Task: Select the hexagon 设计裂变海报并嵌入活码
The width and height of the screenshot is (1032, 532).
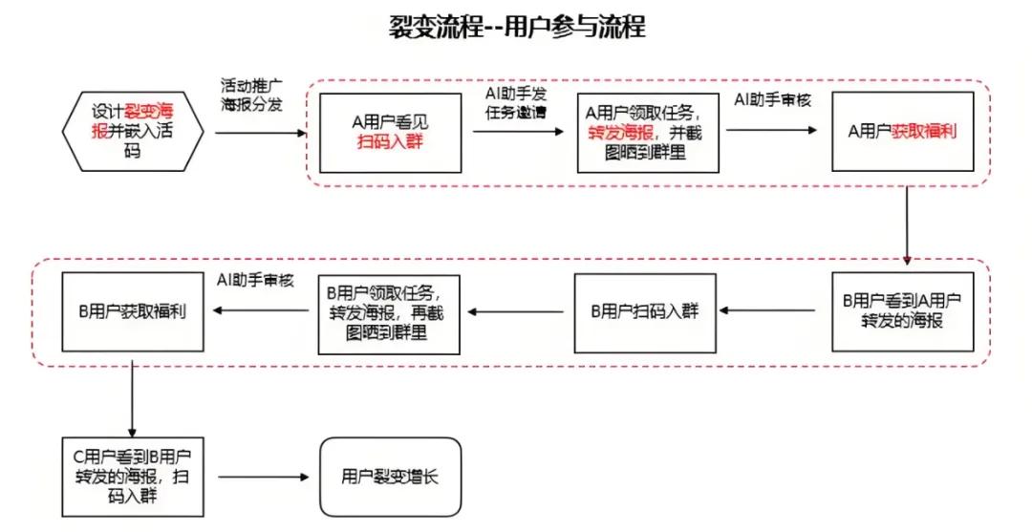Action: pos(132,130)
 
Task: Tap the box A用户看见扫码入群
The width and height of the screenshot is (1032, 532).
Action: pos(389,132)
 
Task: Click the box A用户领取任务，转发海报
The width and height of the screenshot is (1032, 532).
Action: pos(648,132)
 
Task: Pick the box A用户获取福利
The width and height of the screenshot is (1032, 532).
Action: pos(902,132)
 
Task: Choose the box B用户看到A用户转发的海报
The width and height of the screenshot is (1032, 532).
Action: pos(902,310)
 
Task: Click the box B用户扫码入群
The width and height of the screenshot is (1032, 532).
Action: pos(645,310)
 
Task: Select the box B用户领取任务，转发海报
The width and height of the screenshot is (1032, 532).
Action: pos(389,310)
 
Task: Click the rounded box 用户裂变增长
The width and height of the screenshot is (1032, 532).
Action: pos(390,476)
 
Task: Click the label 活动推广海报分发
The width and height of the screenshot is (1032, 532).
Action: pos(251,96)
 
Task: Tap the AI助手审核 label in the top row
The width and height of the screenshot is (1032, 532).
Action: pos(772,100)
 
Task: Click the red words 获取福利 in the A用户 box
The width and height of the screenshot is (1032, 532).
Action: pos(924,132)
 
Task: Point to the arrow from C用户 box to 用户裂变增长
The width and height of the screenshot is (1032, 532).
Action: pos(264,477)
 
